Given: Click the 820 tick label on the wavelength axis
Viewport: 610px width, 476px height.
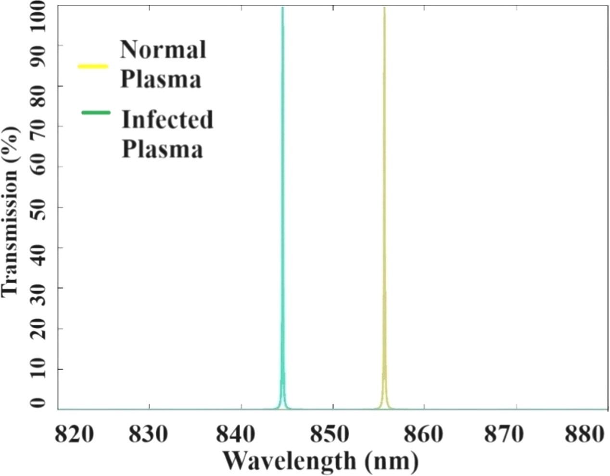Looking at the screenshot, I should point(74,435).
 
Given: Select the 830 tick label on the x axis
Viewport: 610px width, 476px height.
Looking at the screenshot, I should point(149,435).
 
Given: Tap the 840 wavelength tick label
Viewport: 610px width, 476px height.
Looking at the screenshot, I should point(241,435).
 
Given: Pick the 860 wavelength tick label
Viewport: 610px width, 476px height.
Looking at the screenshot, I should point(423,435).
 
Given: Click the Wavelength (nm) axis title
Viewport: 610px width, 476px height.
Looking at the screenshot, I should point(320,461).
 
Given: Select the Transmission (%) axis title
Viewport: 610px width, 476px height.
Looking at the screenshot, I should point(11,212).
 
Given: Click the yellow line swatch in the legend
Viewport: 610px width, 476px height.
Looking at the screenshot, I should point(93,66).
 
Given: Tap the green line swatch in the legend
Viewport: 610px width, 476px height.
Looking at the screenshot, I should point(96,113).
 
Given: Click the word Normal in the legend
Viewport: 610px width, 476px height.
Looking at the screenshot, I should point(163,49).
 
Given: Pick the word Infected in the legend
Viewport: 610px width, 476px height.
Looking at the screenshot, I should point(167,119).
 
